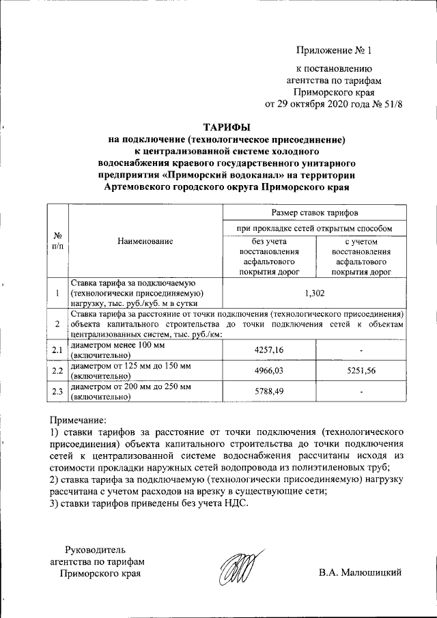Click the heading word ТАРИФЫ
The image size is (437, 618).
tap(227, 127)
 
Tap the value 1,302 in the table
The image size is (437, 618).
tap(313, 293)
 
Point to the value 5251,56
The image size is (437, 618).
tap(361, 371)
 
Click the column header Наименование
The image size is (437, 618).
tap(145, 240)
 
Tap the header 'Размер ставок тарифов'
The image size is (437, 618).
tap(313, 214)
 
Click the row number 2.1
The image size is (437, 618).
tap(58, 350)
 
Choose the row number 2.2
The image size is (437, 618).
tap(58, 371)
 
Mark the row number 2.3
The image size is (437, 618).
tap(58, 391)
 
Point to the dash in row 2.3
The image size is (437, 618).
tap(361, 391)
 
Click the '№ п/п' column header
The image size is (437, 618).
tap(58, 240)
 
